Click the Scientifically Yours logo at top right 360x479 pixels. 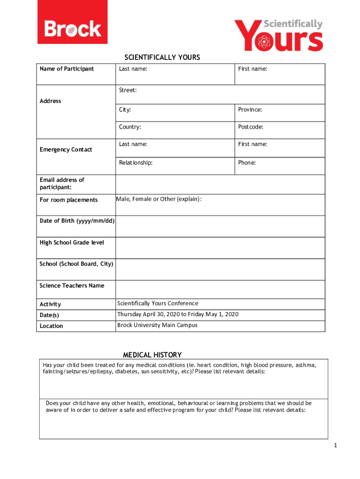(x=279, y=35)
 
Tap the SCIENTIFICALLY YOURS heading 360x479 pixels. (x=162, y=58)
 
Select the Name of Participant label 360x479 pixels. (x=66, y=69)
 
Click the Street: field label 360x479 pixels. (x=128, y=90)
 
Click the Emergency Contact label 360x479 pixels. (x=66, y=150)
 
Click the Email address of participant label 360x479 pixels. (x=62, y=184)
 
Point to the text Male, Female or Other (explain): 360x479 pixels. (x=159, y=199)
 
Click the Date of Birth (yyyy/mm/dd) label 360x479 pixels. (x=77, y=221)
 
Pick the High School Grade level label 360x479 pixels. (x=72, y=242)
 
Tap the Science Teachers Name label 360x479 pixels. (x=72, y=286)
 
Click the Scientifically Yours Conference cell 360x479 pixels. (x=158, y=304)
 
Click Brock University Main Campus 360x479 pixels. (x=157, y=325)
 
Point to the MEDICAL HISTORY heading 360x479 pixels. (x=152, y=355)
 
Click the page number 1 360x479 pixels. (x=335, y=445)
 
